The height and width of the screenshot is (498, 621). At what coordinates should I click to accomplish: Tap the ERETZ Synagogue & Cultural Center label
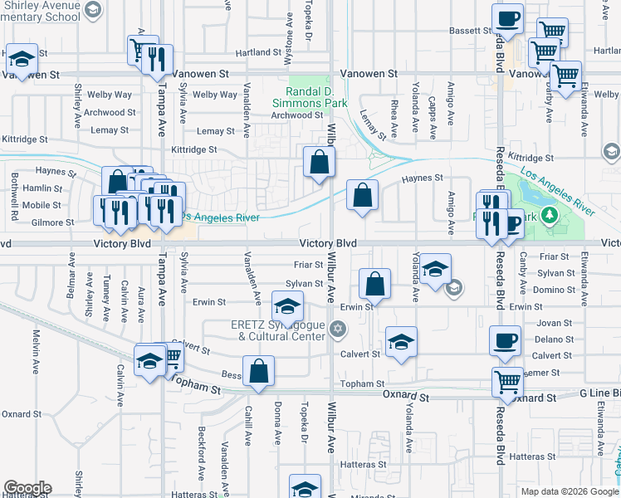coord(277,330)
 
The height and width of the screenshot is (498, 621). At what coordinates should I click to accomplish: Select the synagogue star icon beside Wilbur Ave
coord(336,330)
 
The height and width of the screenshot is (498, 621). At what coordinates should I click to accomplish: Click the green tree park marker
coord(548,217)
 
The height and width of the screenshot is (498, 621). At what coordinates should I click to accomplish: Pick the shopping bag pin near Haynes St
coord(362,197)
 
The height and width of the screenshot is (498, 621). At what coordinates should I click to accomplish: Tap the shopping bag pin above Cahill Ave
coord(258,371)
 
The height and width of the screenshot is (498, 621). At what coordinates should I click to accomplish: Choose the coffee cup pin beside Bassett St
coord(507,19)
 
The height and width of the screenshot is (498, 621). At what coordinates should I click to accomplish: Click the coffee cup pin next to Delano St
coord(506,340)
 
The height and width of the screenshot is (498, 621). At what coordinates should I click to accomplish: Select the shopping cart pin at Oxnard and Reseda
coord(507,383)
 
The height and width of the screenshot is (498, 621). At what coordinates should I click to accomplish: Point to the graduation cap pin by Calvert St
coord(401,342)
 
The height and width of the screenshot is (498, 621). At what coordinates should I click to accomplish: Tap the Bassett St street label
coord(471,31)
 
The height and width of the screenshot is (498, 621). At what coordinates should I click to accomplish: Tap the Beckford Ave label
coord(202,460)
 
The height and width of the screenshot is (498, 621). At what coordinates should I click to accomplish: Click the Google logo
coord(27,488)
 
